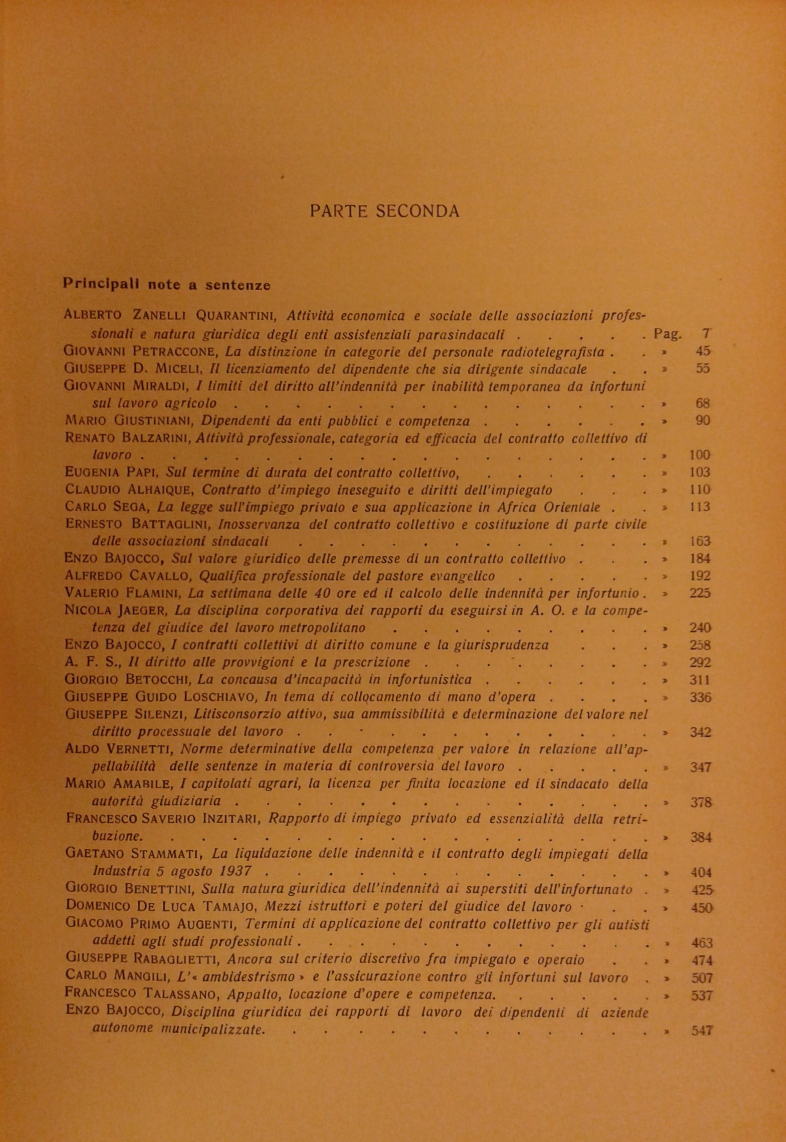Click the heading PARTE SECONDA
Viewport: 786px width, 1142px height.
384,211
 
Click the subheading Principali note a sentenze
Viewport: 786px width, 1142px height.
167,285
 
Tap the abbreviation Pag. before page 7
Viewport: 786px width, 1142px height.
668,334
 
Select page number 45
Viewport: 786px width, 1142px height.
703,351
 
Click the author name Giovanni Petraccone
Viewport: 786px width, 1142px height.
140,351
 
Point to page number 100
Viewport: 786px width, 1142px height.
700,455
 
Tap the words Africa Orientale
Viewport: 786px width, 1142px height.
549,507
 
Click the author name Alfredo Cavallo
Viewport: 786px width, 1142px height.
128,576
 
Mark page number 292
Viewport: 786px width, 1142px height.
700,662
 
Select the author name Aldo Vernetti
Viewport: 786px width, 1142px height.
118,749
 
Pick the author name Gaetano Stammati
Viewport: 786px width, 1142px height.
135,854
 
